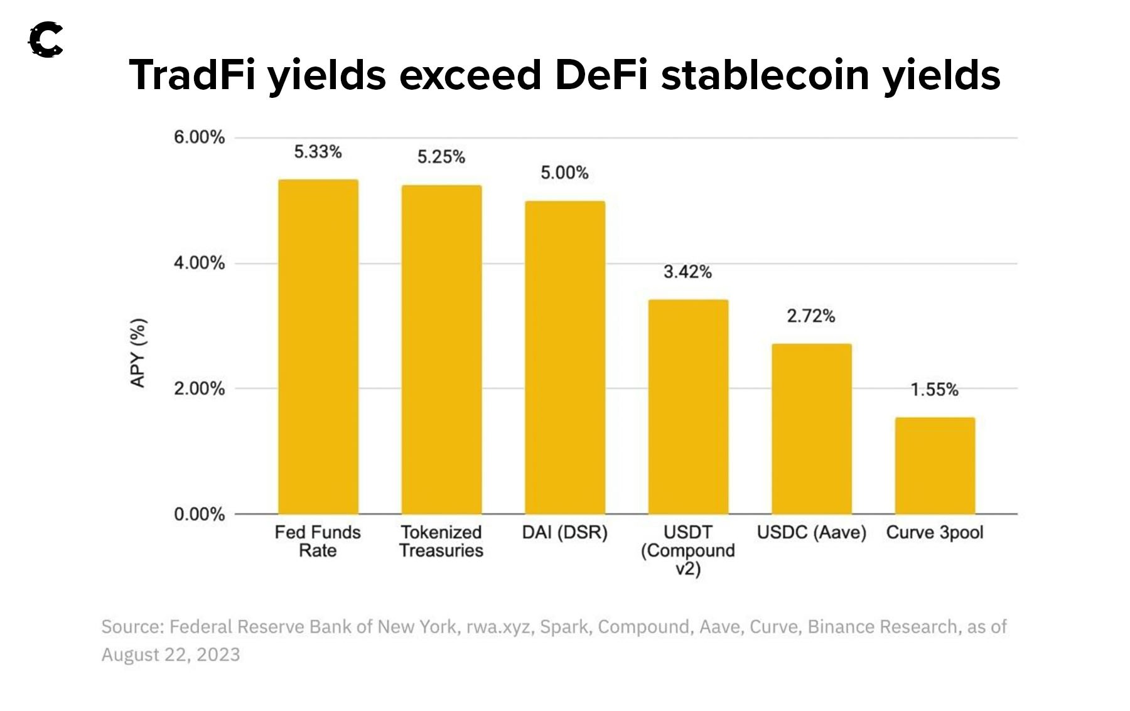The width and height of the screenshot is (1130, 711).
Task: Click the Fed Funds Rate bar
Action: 318,346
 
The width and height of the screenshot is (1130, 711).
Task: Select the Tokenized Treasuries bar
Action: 441,350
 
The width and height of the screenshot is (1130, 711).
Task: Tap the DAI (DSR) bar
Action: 565,358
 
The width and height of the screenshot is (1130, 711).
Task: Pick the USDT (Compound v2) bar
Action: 688,407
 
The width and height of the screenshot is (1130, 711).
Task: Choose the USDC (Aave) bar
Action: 812,429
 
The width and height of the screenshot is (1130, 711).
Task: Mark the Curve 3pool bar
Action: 935,466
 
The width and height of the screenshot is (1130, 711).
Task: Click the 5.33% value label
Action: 318,152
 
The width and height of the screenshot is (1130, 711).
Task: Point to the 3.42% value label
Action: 688,272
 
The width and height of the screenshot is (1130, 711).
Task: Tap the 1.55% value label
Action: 935,390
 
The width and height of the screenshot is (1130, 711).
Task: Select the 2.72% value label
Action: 811,316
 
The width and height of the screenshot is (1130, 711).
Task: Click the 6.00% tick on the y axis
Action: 199,137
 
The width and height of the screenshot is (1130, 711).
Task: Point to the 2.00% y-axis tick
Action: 199,388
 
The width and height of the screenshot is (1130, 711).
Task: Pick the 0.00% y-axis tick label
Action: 199,515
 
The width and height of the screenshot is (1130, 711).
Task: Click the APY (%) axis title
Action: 138,353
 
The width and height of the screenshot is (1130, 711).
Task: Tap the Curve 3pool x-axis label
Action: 935,532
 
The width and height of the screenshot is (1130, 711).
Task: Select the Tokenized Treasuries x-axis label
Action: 441,541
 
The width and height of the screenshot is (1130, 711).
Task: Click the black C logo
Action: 46,40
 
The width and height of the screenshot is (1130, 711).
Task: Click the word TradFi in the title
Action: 193,75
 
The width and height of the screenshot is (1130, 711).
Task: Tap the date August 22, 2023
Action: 171,655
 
